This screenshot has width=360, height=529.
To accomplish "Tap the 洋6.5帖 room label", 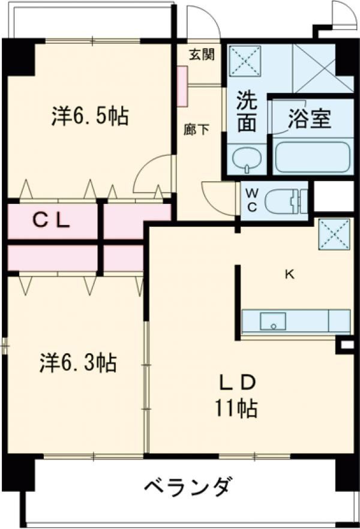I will pos(89,115).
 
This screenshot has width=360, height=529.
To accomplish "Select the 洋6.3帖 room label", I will pos(78,362).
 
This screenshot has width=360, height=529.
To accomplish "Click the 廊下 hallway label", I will pos(197,129).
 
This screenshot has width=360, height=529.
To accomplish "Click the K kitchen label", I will pos(289,275).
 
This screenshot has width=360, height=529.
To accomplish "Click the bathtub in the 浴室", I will pos(311,157).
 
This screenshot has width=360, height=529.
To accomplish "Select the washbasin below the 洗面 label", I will pos(247,159).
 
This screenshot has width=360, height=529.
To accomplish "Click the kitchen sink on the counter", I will pos(273,321).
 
